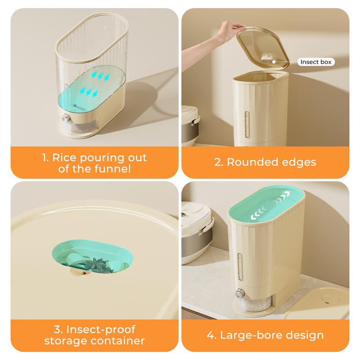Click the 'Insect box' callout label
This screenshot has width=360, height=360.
coord(316,62)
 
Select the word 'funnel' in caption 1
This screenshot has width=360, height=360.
coord(112,169)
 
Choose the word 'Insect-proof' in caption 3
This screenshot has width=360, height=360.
coord(101,329)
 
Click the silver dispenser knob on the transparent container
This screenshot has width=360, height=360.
coord(66,118)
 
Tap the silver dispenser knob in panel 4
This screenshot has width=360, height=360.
coord(240,293)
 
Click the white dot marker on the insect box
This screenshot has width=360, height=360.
coord(274,62)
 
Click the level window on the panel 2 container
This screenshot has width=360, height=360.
coord(247,125)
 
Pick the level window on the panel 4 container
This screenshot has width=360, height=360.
coord(240,267)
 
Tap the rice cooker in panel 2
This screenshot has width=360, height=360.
coord(190,126)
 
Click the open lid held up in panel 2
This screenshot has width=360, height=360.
coord(263,48)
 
